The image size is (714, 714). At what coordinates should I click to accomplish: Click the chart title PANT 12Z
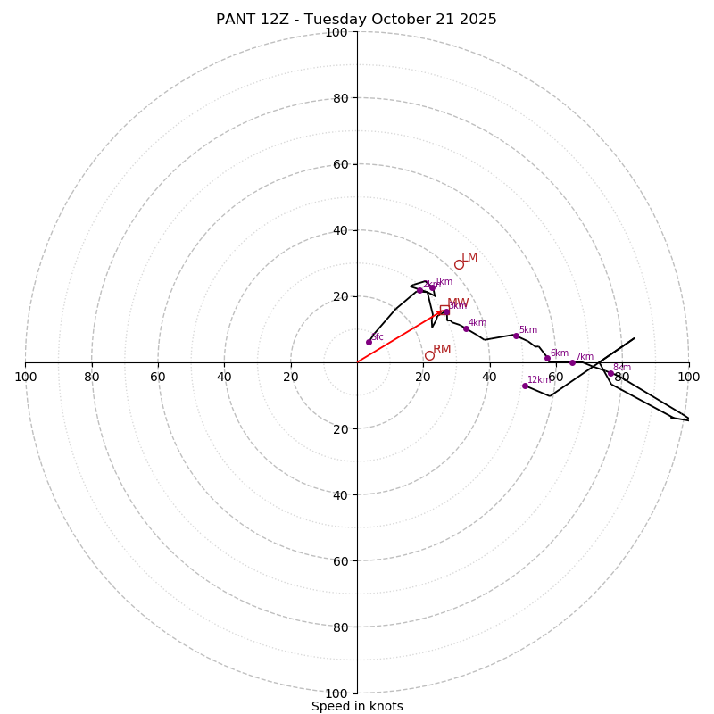click(x=356, y=20)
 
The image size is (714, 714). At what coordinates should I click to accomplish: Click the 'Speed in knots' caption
click(x=357, y=706)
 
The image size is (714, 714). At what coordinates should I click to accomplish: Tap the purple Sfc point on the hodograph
click(x=369, y=342)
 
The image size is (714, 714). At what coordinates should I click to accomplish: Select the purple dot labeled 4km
click(x=466, y=328)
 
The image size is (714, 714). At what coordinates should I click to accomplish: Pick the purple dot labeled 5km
click(x=516, y=336)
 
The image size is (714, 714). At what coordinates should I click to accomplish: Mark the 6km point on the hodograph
click(x=547, y=358)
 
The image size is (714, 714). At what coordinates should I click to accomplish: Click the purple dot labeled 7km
click(x=572, y=362)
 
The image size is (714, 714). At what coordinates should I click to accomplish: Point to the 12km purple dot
click(x=525, y=386)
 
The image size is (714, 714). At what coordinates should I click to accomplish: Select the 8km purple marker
click(x=610, y=373)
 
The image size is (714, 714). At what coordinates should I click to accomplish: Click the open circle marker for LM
click(x=459, y=264)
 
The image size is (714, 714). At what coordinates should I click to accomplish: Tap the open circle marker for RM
click(x=429, y=355)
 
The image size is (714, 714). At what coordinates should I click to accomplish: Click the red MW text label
click(x=458, y=303)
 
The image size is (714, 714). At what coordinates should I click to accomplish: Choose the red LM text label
click(x=469, y=258)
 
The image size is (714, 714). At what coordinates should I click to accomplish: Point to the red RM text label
click(x=442, y=350)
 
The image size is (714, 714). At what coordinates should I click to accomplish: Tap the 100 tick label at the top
click(x=336, y=33)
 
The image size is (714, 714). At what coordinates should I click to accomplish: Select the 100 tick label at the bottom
click(x=336, y=693)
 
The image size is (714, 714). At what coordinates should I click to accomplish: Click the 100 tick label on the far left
click(x=25, y=377)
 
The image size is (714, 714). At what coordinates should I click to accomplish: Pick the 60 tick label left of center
click(x=158, y=377)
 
